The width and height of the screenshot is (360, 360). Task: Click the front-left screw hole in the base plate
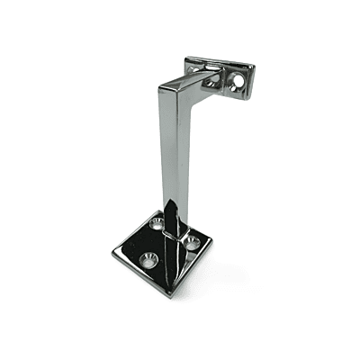tap(149, 259)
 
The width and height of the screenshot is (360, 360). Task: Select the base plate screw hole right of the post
tap(192, 240)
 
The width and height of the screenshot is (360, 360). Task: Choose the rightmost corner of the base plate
tap(216, 245)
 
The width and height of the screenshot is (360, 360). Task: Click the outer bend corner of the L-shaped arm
tap(161, 86)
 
